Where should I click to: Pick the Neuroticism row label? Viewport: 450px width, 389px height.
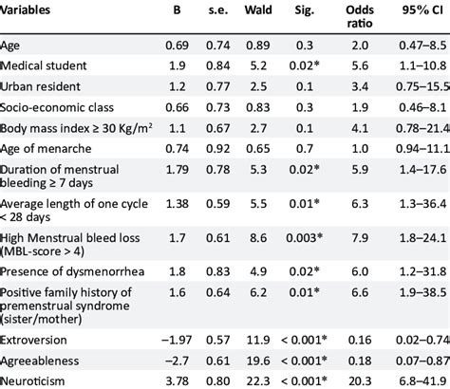[x=38, y=380]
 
